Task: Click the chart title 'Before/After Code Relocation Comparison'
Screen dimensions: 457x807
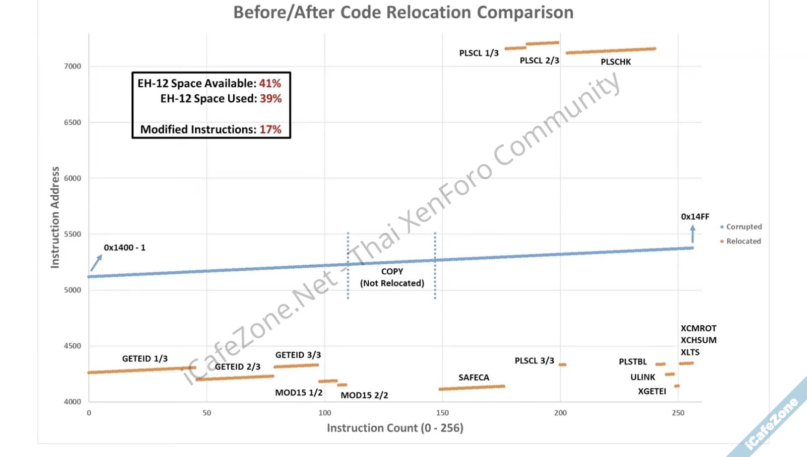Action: click(x=403, y=12)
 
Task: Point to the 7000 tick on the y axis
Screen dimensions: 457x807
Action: click(x=72, y=66)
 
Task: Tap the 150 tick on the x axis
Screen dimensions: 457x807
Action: click(x=442, y=413)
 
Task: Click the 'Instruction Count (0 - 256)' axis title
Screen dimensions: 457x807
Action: click(x=395, y=428)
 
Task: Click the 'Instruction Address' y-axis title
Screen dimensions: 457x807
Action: click(x=55, y=218)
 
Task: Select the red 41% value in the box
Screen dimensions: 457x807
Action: click(x=270, y=83)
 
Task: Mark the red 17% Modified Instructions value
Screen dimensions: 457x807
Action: click(x=270, y=130)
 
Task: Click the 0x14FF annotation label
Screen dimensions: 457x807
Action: click(x=695, y=217)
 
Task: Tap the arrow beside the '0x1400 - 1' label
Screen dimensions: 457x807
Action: click(x=96, y=263)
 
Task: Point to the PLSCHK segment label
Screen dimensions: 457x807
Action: click(x=616, y=62)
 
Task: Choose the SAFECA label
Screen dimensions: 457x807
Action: click(x=474, y=378)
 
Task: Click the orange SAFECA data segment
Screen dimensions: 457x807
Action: click(x=471, y=387)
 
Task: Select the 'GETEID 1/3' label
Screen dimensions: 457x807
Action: click(x=145, y=359)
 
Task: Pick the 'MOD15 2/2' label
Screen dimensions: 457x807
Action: click(x=364, y=395)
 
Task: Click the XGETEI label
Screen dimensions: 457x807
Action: click(x=652, y=391)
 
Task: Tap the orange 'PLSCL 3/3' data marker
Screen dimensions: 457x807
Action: click(x=562, y=365)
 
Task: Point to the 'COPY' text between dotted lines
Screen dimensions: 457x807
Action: click(x=392, y=272)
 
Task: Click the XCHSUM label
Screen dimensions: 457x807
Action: click(x=698, y=340)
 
